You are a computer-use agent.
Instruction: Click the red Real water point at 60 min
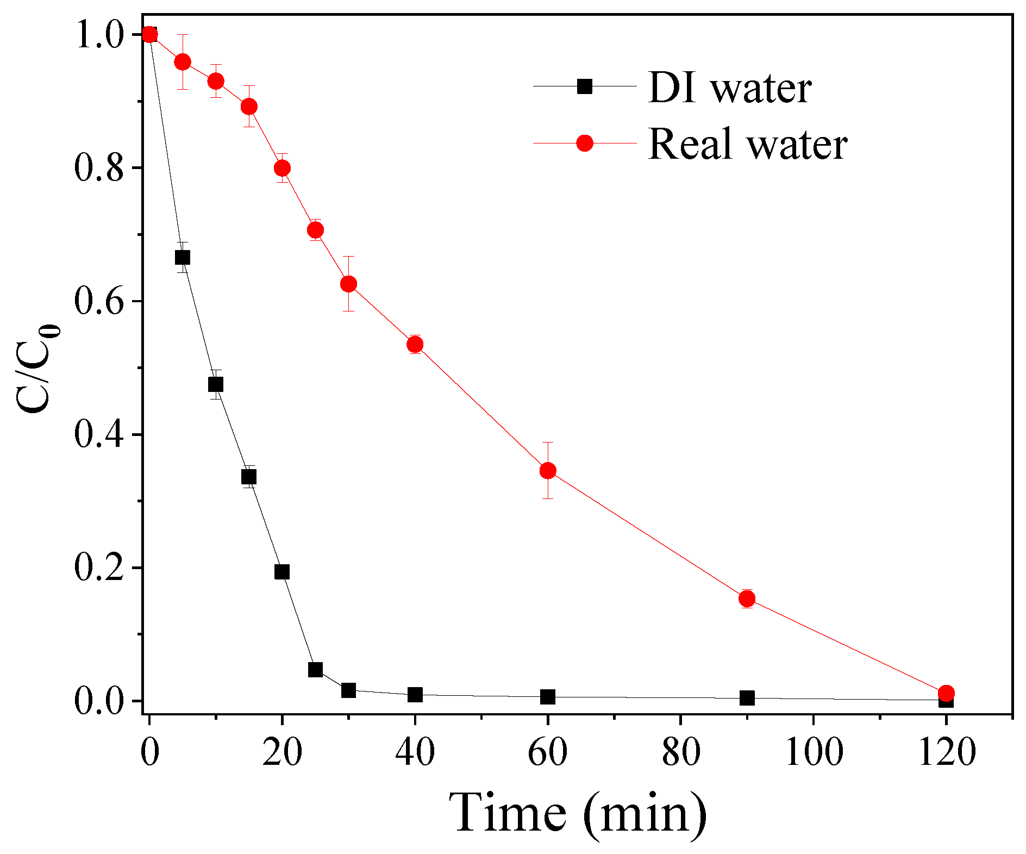click(x=548, y=470)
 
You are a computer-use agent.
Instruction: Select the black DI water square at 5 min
click(x=183, y=257)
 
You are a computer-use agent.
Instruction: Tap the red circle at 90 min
click(x=747, y=599)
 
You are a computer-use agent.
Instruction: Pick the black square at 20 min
click(x=282, y=572)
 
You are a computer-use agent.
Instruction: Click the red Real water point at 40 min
click(x=415, y=344)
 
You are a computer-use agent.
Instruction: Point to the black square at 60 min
click(x=548, y=697)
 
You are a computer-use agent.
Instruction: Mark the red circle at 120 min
click(x=946, y=693)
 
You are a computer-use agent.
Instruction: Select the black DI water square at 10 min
click(x=216, y=384)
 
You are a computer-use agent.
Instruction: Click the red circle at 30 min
click(x=348, y=284)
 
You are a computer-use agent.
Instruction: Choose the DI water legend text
click(x=730, y=88)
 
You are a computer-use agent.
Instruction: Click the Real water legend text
click(x=748, y=144)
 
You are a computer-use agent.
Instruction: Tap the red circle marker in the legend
click(x=585, y=143)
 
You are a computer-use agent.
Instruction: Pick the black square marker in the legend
click(x=585, y=86)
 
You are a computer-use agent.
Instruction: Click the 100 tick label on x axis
click(x=814, y=753)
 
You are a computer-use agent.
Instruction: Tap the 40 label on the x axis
click(x=415, y=753)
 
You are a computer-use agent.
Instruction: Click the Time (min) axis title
click(x=578, y=813)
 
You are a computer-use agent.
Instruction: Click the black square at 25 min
click(x=315, y=669)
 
